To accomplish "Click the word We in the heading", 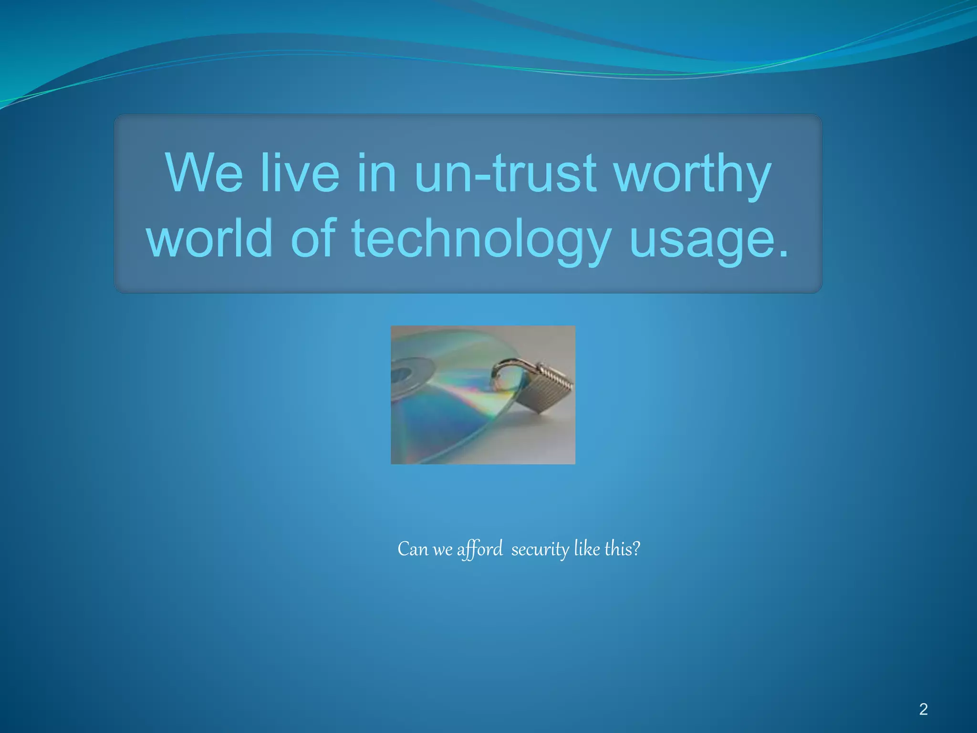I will tap(204, 173).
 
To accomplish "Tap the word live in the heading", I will tap(300, 173).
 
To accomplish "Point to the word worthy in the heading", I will tap(692, 175).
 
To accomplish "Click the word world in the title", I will tap(209, 238).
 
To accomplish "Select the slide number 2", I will tap(923, 709).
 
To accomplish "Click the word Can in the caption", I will tap(413, 549).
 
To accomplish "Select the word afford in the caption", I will tap(479, 549).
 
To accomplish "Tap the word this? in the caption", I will tap(622, 549).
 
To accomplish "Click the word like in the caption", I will tap(587, 549).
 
